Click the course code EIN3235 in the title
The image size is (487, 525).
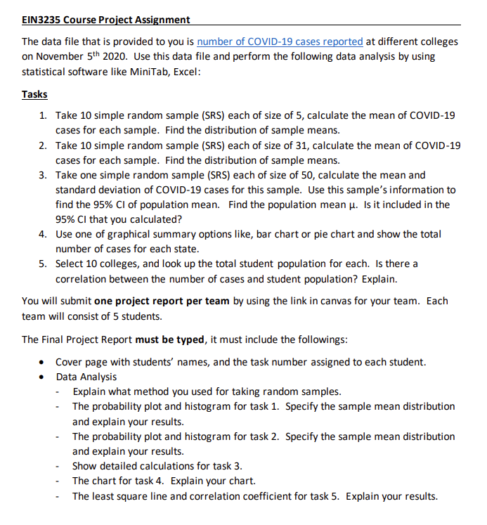41,20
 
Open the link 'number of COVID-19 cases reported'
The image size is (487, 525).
280,42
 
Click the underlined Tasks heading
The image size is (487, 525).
34,94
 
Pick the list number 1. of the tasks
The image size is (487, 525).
43,115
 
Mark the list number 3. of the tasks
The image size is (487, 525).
43,175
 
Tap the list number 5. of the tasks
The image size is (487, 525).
43,264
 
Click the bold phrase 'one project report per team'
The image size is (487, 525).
162,301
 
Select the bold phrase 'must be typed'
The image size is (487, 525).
169,339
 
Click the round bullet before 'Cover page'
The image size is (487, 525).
45,363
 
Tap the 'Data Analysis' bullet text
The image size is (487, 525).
86,377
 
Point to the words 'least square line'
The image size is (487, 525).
124,496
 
